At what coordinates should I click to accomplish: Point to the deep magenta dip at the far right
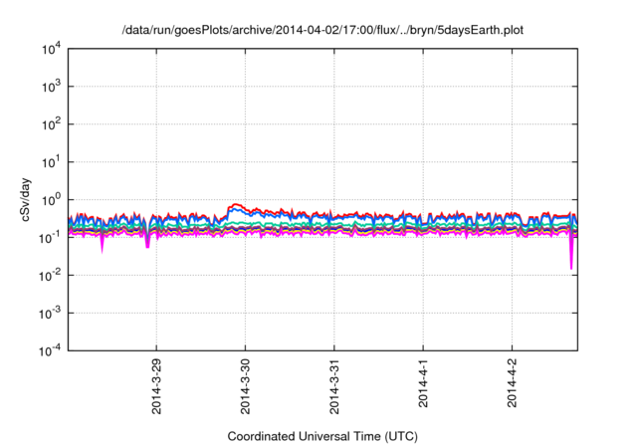571,267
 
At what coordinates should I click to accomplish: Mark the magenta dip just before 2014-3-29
147,245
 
